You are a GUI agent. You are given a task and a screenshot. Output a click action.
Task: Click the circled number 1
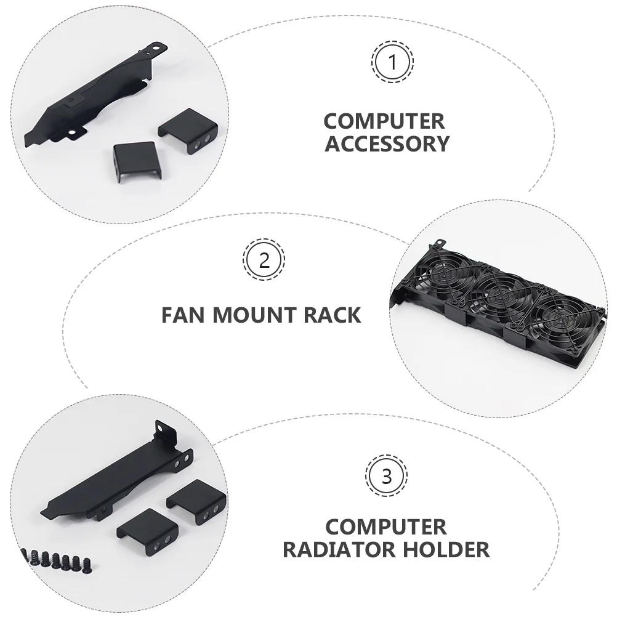click(392, 62)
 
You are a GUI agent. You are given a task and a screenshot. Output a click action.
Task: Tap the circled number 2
click(264, 260)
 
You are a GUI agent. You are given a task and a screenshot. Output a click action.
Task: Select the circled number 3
click(386, 477)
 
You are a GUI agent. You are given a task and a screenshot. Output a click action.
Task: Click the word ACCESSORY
click(387, 143)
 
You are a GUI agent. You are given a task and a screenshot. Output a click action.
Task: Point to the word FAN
click(184, 315)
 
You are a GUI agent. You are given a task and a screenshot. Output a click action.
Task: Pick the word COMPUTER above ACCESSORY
click(385, 121)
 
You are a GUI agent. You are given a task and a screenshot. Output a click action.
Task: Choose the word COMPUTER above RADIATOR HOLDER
click(386, 526)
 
